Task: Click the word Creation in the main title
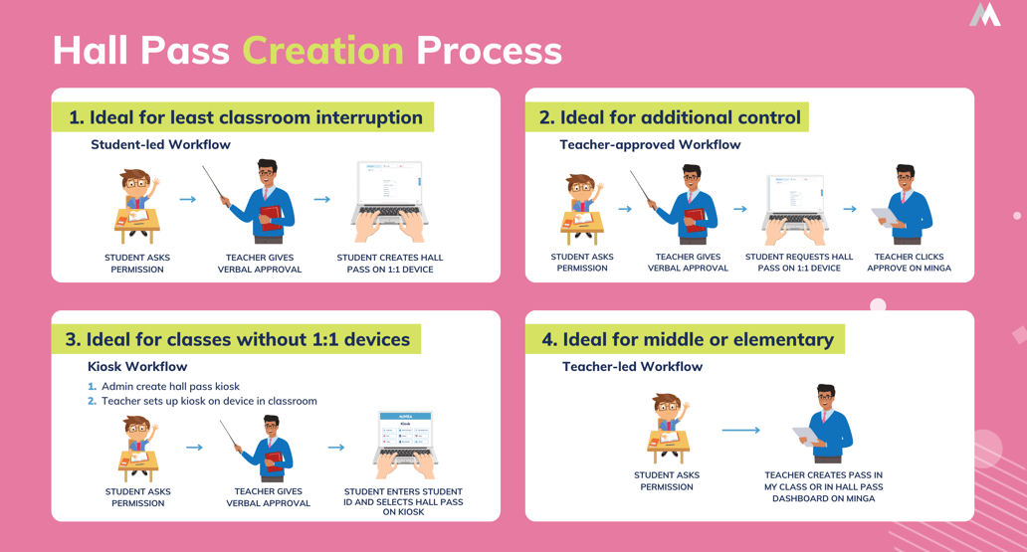coord(322,51)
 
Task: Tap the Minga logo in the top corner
coord(984,15)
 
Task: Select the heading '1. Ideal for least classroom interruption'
coord(245,117)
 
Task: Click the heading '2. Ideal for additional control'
coord(669,117)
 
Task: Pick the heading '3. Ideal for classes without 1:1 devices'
coord(237,339)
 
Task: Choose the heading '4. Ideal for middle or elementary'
coord(687,339)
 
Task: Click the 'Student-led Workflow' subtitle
coord(160,144)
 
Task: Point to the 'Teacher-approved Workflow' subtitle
coord(650,144)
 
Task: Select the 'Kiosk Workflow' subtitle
coord(137,366)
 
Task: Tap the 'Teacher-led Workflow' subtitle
coord(632,366)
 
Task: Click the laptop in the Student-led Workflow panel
coord(389,202)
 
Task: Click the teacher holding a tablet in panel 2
coord(905,206)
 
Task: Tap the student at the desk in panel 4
coord(667,429)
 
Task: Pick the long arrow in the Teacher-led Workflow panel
coord(740,430)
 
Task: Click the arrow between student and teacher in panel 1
coord(187,200)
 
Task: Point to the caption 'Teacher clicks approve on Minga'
coord(909,263)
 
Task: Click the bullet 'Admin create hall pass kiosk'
coord(169,386)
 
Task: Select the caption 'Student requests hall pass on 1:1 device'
coord(799,263)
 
